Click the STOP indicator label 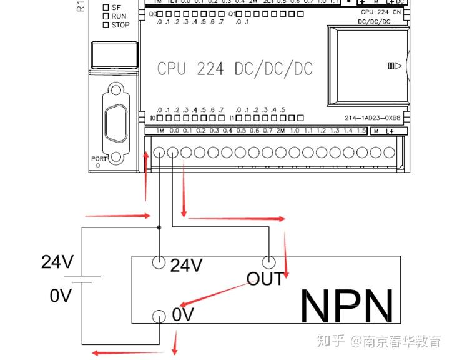(120, 25)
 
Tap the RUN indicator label (119, 16)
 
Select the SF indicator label (116, 7)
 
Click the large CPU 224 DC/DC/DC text (234, 68)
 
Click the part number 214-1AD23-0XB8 (372, 117)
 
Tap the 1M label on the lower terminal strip (160, 131)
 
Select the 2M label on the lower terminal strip (280, 131)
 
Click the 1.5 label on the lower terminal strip (360, 131)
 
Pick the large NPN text (347, 305)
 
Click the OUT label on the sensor (265, 279)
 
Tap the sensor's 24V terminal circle (160, 262)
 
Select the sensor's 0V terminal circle (160, 316)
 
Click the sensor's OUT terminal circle (269, 262)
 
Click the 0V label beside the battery (62, 295)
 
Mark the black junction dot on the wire (160, 227)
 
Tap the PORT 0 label (97, 162)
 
